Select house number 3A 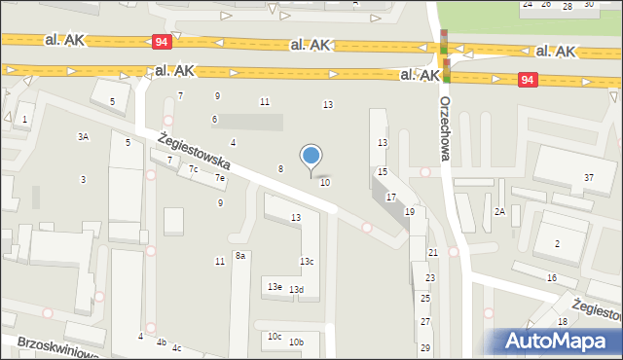click(x=84, y=137)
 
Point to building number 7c click(x=194, y=169)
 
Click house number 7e click(x=221, y=178)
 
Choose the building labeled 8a click(x=239, y=255)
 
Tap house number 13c click(x=306, y=262)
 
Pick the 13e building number click(x=275, y=286)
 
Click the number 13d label click(x=297, y=290)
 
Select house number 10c click(x=275, y=337)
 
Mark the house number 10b click(x=296, y=342)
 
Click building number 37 click(x=588, y=177)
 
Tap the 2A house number click(x=499, y=211)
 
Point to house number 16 click(x=551, y=278)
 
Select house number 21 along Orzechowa click(x=432, y=252)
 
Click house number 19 click(x=410, y=211)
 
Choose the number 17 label click(x=390, y=198)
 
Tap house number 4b click(x=162, y=342)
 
